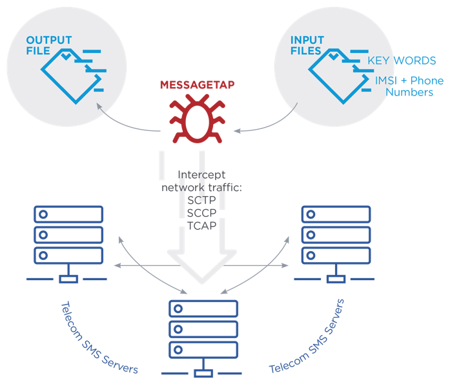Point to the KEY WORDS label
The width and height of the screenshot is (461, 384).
click(x=402, y=61)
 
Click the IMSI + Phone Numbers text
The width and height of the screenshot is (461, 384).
click(x=409, y=86)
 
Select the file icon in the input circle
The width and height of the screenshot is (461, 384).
click(x=336, y=71)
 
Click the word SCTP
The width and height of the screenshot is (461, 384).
click(x=201, y=200)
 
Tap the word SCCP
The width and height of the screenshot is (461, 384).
click(x=201, y=212)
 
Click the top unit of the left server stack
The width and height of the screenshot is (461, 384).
click(x=68, y=214)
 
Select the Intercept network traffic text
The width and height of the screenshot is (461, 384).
click(x=201, y=181)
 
